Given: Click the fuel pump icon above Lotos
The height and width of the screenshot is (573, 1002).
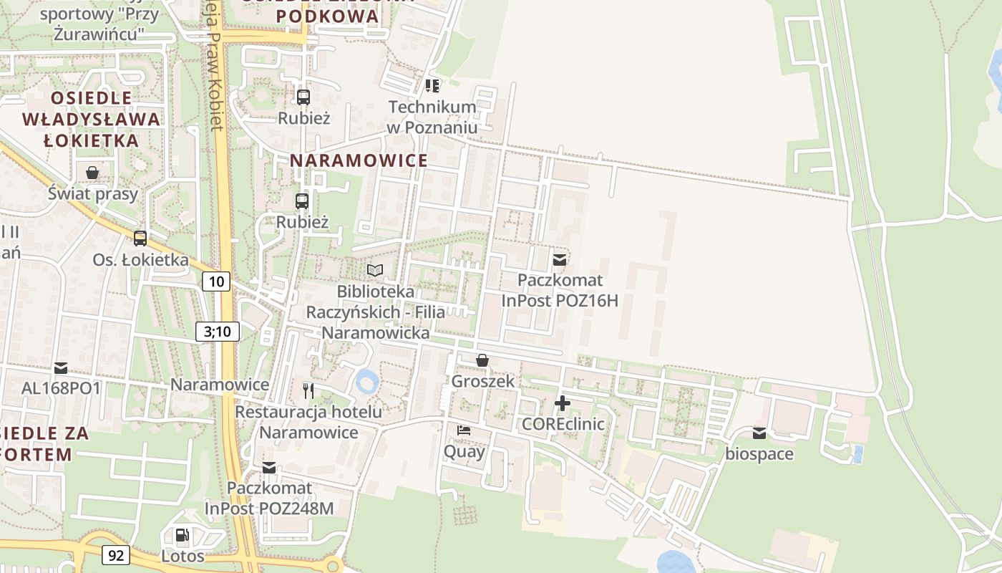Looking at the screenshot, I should tap(183, 535).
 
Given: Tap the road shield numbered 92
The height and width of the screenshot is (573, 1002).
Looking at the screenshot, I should tap(116, 554).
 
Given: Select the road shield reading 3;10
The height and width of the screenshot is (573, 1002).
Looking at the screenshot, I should tap(217, 331).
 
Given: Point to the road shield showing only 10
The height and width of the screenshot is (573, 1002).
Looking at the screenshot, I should tap(216, 281).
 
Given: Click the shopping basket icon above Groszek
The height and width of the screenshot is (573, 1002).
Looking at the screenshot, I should tap(482, 360).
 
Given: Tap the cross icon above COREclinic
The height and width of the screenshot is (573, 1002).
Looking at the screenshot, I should tap(563, 403).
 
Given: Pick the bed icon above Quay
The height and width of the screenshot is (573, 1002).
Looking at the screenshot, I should tap(464, 430).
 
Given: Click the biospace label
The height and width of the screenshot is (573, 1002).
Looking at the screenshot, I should tap(759, 454).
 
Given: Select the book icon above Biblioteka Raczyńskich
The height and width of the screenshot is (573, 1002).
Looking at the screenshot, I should tap(375, 271).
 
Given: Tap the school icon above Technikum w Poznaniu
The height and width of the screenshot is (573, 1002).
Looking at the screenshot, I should tap(432, 86).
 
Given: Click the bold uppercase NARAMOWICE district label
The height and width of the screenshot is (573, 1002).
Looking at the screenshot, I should tap(359, 160).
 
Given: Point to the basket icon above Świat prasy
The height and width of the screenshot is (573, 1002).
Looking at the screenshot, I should tap(92, 173).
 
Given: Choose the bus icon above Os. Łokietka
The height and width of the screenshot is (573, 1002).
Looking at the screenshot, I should tap(140, 239).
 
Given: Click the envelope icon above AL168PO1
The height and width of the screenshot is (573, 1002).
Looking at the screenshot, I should tap(61, 368).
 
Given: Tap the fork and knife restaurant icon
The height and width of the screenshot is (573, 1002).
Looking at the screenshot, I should tap(308, 390).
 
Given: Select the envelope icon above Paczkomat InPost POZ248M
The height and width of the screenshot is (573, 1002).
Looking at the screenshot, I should tap(268, 468).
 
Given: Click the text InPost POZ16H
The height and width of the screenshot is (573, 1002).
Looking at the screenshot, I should tap(559, 301).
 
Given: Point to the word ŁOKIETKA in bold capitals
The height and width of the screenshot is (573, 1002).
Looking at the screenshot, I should tap(91, 140).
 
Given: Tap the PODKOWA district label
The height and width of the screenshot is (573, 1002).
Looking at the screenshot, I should tap(327, 16).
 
